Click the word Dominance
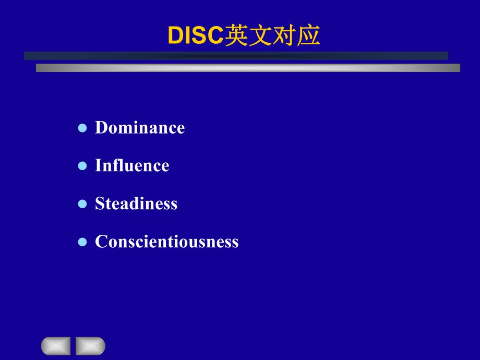[140, 128]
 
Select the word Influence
[132, 166]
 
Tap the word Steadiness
[136, 203]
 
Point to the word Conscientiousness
[166, 242]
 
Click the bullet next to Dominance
[82, 128]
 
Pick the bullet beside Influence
[82, 166]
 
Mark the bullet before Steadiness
[82, 204]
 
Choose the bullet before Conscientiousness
[82, 242]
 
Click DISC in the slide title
[195, 36]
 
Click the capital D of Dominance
[101, 128]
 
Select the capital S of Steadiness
[99, 203]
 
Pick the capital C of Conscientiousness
[101, 242]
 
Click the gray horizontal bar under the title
[248, 68]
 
